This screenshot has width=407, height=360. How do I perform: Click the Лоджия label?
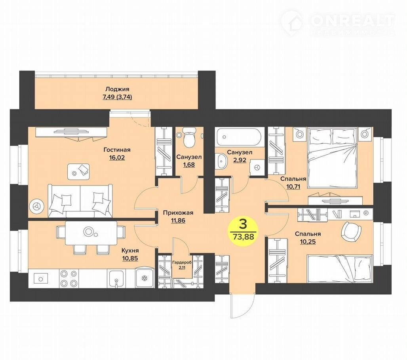(117, 89)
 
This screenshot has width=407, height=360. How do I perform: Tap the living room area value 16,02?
(117, 157)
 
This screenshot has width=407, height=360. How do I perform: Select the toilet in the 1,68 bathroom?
(189, 137)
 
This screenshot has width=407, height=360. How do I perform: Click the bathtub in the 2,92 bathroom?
(240, 136)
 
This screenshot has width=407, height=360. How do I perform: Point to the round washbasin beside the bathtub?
(221, 161)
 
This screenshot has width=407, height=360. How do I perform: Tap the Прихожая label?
(178, 213)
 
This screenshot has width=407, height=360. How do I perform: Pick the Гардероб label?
(182, 262)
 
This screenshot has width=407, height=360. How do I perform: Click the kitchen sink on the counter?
(116, 279)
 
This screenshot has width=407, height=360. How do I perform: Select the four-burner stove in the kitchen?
(69, 278)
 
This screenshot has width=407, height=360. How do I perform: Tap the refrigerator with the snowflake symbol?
(144, 278)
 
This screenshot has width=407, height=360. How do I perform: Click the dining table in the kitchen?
(91, 233)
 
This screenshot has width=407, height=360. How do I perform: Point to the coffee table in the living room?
(79, 171)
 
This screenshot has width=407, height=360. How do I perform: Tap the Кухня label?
(130, 250)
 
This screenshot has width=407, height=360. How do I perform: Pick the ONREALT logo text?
(352, 20)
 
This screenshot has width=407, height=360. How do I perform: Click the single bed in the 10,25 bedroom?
(340, 269)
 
